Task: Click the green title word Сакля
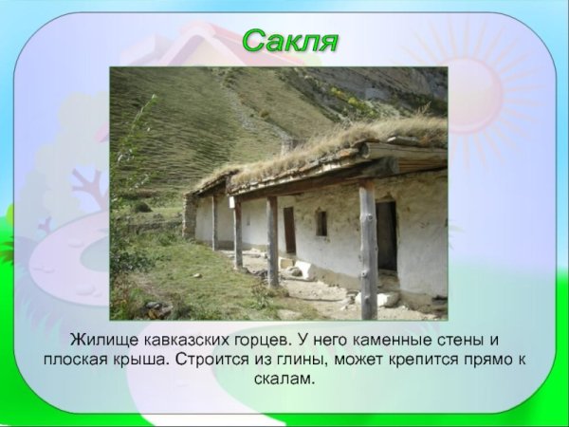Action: click(x=289, y=42)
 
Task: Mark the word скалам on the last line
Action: click(x=284, y=379)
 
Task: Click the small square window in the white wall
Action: click(x=321, y=222)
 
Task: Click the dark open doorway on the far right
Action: click(x=386, y=235)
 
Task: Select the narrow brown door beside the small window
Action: click(x=289, y=231)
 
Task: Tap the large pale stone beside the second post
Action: click(x=303, y=269)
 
